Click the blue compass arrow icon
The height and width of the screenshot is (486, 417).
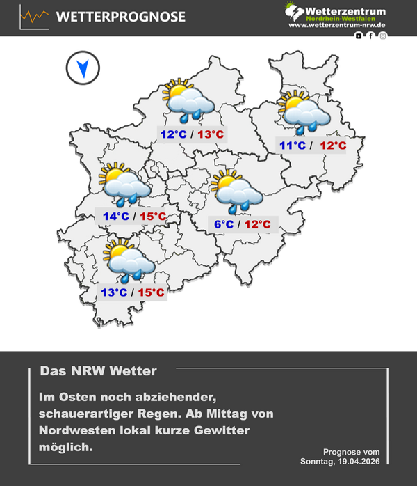(83, 68)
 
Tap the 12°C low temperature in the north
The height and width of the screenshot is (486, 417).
(172, 134)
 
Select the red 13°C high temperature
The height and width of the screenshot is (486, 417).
(211, 134)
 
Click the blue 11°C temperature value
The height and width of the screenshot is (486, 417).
(292, 146)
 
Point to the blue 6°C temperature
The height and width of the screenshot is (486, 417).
(223, 224)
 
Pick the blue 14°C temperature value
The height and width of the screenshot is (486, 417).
(115, 216)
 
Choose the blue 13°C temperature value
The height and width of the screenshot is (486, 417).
(114, 292)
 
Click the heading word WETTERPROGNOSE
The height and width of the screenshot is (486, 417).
(120, 17)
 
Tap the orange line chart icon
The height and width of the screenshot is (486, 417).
(34, 16)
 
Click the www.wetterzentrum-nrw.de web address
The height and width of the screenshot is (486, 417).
(337, 25)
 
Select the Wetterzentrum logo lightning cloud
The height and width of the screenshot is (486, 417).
(295, 12)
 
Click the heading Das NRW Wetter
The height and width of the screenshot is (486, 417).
(99, 371)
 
